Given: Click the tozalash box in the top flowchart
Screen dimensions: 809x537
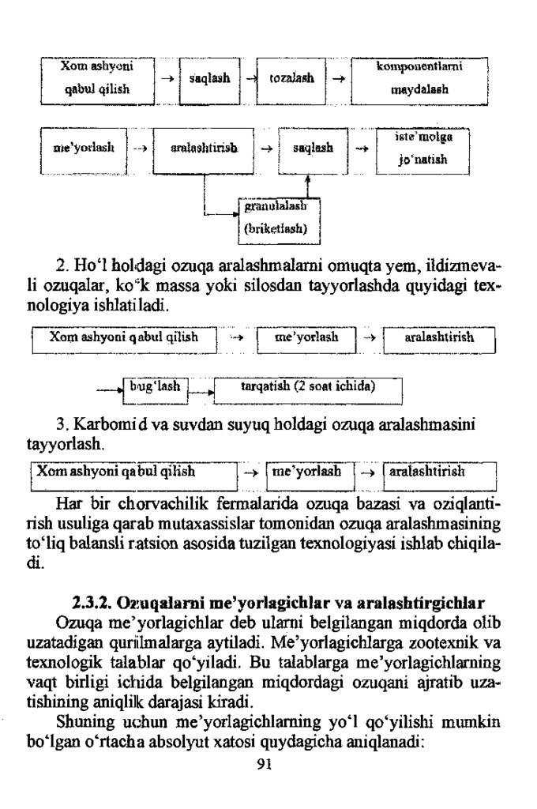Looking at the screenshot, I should coord(292,80).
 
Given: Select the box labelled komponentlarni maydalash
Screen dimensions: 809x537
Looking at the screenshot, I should coord(419,80).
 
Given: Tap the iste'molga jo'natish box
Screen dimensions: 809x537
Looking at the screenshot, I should coord(422,148).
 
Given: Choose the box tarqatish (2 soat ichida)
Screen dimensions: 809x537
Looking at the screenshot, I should coord(308,389).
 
